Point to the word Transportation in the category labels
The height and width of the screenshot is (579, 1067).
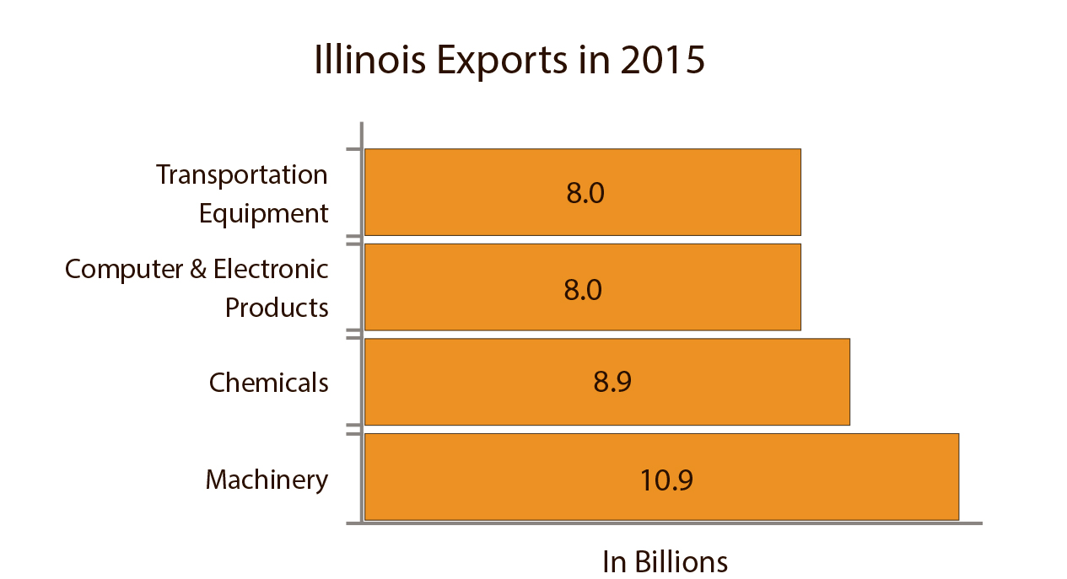coord(242,174)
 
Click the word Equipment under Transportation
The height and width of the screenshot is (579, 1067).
coord(263,213)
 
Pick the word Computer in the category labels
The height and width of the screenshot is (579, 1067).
coord(122,269)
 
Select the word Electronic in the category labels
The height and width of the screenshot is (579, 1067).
coord(271,269)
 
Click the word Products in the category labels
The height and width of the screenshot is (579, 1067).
coord(277,308)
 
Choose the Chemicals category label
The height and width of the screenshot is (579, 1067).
coord(268,383)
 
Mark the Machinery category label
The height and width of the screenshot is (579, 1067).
coord(267,480)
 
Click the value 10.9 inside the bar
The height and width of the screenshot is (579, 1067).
coord(666,480)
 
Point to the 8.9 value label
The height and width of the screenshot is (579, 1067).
coord(612,383)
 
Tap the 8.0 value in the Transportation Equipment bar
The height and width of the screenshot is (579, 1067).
coord(585,194)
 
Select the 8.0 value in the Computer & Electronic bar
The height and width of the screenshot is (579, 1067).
coord(583,290)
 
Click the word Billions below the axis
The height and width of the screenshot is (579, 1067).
coord(680,562)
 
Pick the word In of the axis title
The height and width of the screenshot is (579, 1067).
coord(613,562)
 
